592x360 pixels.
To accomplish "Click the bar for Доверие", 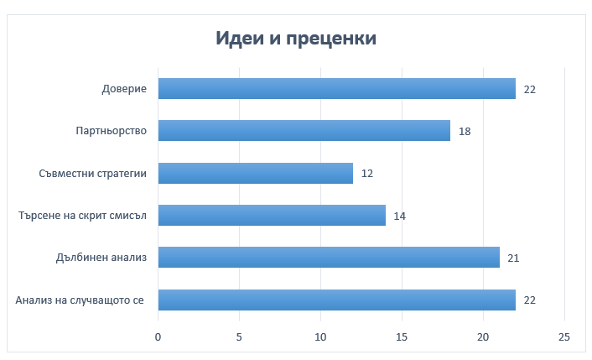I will [x=336, y=88].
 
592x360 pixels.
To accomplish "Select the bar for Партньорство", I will [x=304, y=131].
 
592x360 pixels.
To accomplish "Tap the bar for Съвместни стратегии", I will [x=255, y=173].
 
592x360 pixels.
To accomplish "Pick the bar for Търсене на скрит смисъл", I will [x=272, y=216].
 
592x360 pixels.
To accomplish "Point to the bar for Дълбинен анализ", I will [x=329, y=258].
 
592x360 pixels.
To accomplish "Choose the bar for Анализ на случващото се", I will [x=336, y=300].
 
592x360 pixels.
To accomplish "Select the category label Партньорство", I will [x=112, y=131].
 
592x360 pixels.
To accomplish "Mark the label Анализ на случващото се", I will [x=80, y=300].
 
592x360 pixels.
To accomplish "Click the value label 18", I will [x=465, y=131].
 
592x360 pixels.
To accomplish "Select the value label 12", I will [x=367, y=173].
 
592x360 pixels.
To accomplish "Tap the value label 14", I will [x=400, y=216].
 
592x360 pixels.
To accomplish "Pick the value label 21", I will [x=513, y=258].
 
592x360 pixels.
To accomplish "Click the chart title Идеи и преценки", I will [x=296, y=39].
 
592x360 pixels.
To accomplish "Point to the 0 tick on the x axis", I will [x=158, y=337].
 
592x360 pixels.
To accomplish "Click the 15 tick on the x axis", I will [x=402, y=337].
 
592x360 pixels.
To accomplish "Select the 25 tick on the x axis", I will [x=564, y=337].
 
